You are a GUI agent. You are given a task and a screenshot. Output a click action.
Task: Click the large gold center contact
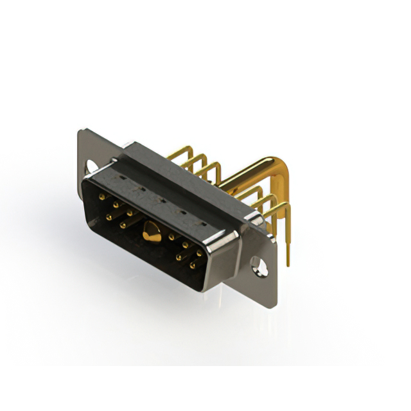(x=151, y=232)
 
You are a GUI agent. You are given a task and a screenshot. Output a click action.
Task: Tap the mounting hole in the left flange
(x=91, y=166)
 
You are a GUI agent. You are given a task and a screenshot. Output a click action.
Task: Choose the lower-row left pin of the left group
(x=109, y=216)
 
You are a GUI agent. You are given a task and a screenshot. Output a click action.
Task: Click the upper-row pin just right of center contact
(x=171, y=237)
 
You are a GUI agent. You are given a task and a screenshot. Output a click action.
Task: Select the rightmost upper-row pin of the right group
(x=199, y=252)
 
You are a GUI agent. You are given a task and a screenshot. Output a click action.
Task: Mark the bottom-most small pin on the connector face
(x=191, y=264)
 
